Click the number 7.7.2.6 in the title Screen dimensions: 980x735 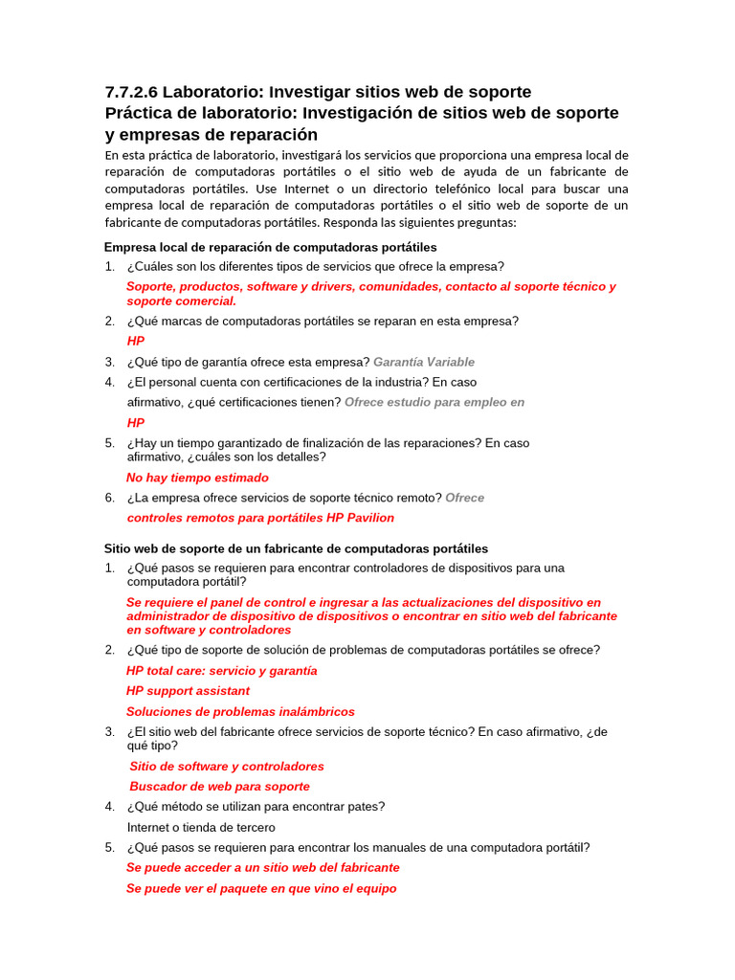[x=132, y=93]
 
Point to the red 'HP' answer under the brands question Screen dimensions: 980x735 [x=136, y=341]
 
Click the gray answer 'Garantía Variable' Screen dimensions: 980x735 [x=423, y=362]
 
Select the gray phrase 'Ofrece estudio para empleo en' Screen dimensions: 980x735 [x=434, y=402]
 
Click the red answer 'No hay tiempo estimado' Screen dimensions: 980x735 [x=197, y=478]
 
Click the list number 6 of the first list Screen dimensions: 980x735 [x=109, y=498]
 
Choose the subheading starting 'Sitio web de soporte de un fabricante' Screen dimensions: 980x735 [x=296, y=548]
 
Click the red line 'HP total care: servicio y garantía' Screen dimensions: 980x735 [x=221, y=671]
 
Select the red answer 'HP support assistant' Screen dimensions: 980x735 [x=188, y=691]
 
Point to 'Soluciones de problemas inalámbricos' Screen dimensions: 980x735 [x=240, y=712]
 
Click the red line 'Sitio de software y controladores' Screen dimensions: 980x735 [x=227, y=767]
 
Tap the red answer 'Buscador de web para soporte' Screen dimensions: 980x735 [x=219, y=787]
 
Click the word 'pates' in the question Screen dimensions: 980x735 [x=365, y=807]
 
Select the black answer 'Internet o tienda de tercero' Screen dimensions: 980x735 [x=201, y=827]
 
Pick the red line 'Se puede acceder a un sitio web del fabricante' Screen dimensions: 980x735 [x=263, y=868]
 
